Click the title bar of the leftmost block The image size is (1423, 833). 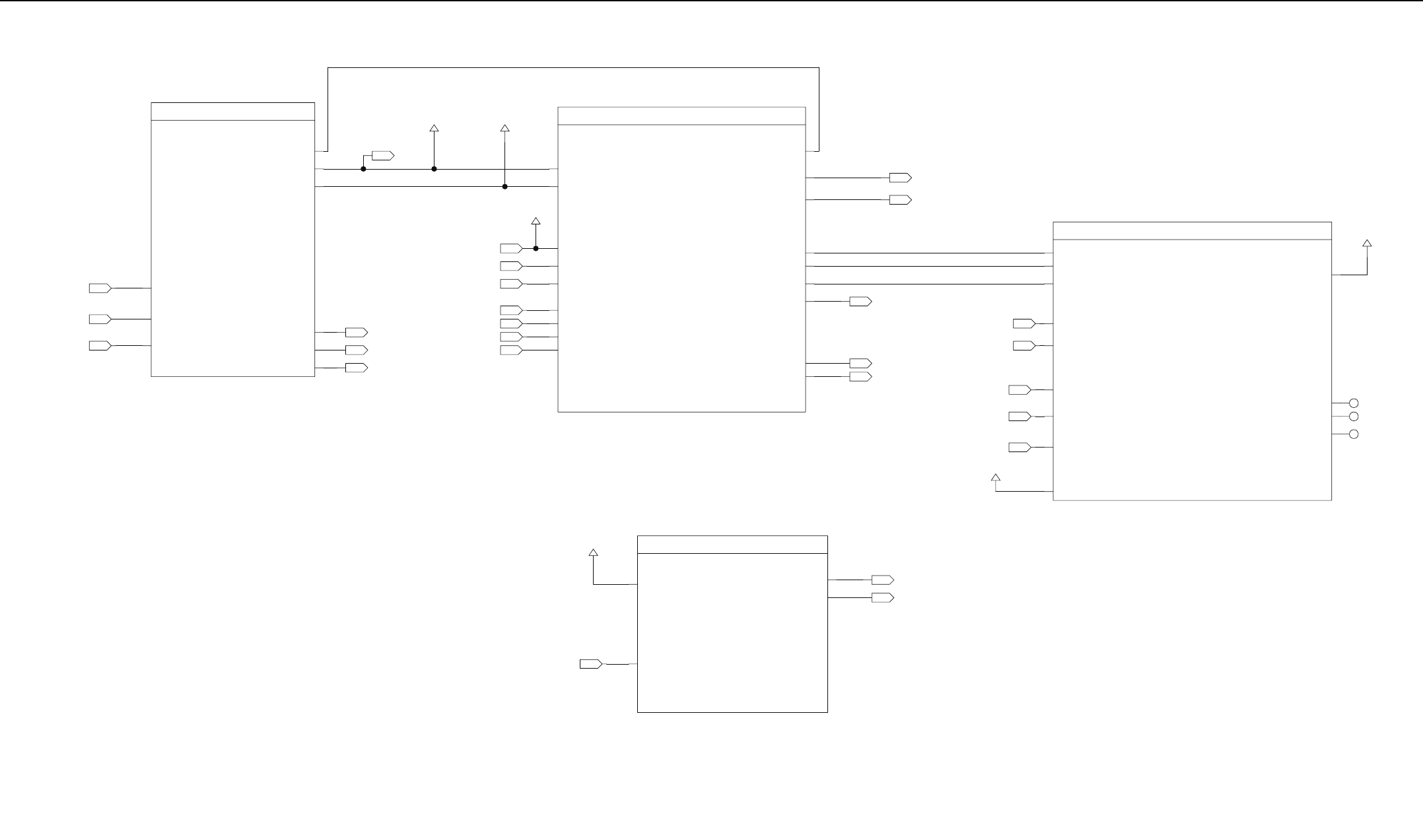coord(232,112)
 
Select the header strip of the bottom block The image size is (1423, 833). coord(732,545)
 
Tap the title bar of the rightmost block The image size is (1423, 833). coord(1191,231)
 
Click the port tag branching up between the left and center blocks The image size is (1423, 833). coord(382,156)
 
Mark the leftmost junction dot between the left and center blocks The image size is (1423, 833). coord(363,169)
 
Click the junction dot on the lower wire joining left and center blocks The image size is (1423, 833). coord(504,187)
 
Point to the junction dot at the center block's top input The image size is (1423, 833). coord(536,249)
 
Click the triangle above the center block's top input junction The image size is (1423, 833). coord(536,220)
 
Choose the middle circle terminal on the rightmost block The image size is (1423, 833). coord(1353,416)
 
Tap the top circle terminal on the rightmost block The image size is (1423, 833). coord(1353,403)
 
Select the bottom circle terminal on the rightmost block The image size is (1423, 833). coord(1353,434)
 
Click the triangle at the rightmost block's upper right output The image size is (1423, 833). coord(1367,244)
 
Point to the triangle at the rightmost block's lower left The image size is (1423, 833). coord(996,477)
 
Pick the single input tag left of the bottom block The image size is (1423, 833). coord(590,664)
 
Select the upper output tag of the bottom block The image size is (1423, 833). coord(882,580)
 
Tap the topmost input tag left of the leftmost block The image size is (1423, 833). coord(100,288)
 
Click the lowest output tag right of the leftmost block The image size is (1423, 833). coord(356,368)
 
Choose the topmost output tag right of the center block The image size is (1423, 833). coord(900,178)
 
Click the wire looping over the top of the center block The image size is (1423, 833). coord(573,67)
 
